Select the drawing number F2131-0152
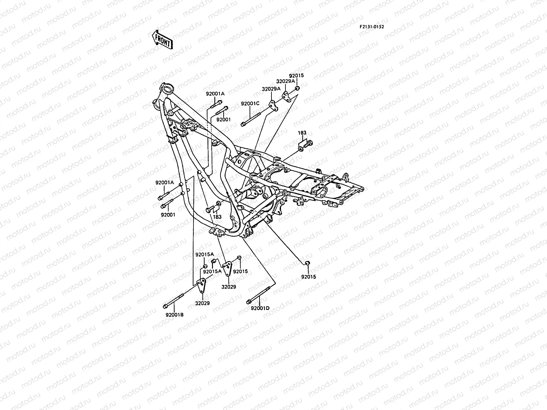371,26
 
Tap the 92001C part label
250,104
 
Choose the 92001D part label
260,308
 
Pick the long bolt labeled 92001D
261,293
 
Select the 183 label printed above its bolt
302,133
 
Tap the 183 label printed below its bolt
217,217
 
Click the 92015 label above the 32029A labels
296,76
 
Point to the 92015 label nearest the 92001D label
309,276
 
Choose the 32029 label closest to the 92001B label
202,303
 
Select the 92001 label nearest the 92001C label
224,120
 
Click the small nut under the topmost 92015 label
297,89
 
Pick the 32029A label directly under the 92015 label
286,81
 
